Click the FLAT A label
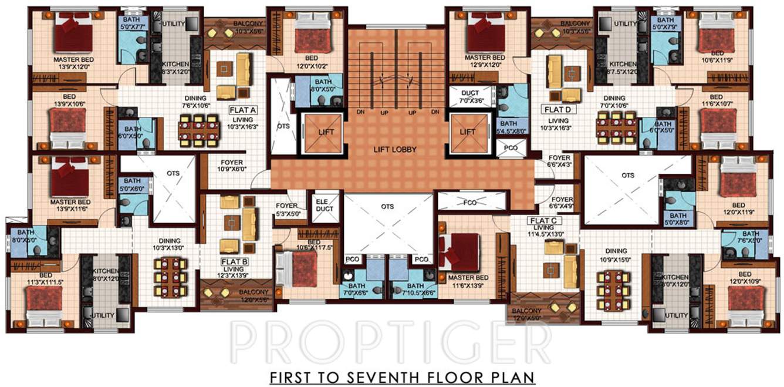(x=242, y=109)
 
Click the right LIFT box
(x=467, y=132)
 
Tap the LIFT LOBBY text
(x=395, y=150)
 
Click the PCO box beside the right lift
(x=511, y=148)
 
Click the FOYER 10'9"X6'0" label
(x=232, y=166)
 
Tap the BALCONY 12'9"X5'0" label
(x=526, y=314)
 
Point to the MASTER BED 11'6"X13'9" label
(x=467, y=281)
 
